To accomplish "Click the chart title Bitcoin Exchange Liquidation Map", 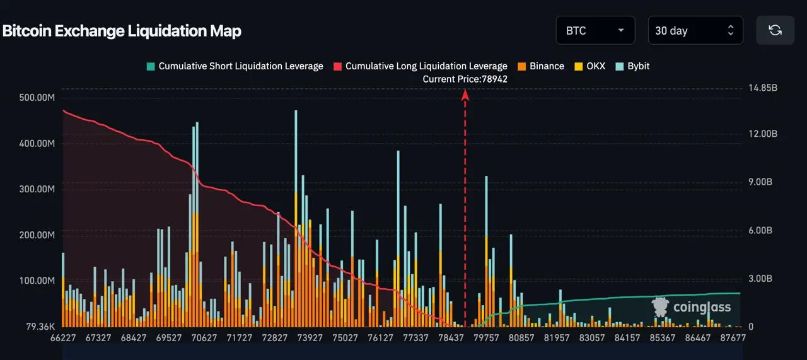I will click(x=122, y=31).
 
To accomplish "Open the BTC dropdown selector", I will click(x=595, y=30).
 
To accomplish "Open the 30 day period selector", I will click(x=695, y=30).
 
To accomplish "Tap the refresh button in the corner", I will click(x=775, y=30).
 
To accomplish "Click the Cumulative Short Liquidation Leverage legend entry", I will click(x=235, y=66).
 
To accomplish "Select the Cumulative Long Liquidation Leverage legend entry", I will click(x=421, y=66).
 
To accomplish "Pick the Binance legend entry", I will click(x=540, y=66).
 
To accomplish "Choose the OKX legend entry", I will click(x=589, y=66).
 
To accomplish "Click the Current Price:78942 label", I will click(x=465, y=79).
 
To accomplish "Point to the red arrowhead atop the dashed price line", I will click(x=465, y=95).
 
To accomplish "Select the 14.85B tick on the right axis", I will click(x=763, y=88).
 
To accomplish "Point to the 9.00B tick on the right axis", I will click(x=760, y=182).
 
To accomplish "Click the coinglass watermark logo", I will click(x=692, y=308).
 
